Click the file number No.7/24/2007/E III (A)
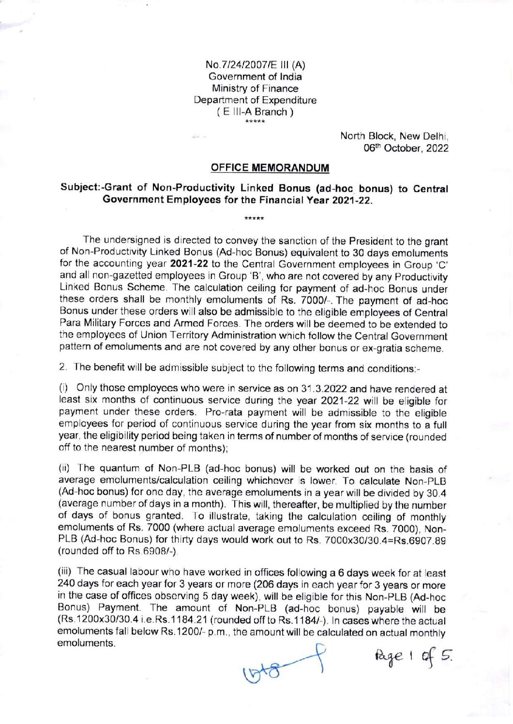255,65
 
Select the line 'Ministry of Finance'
255,89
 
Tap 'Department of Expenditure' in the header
255,100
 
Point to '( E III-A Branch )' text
255,112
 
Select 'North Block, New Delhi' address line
395,136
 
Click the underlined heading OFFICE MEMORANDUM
270,168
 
